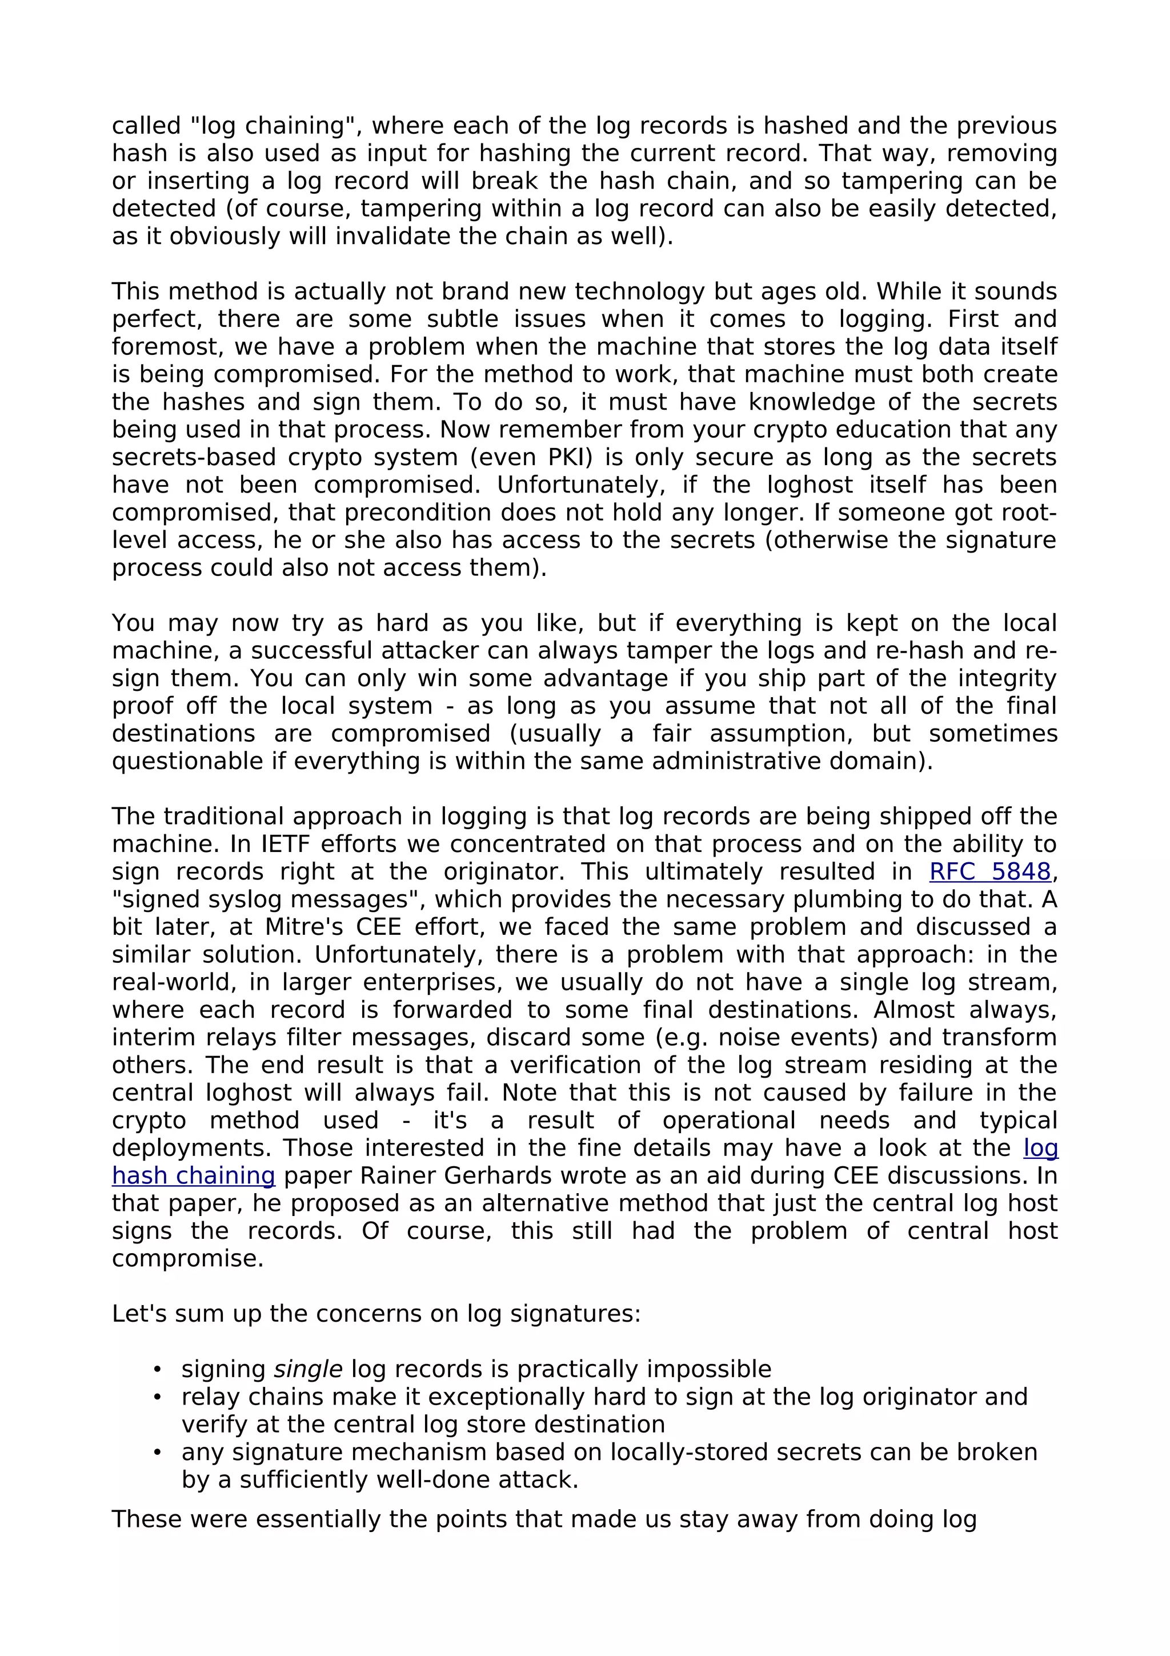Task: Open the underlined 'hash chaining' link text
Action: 193,1175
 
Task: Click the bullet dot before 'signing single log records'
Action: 157,1370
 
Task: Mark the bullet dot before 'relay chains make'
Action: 157,1397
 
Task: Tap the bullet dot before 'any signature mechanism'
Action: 157,1453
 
